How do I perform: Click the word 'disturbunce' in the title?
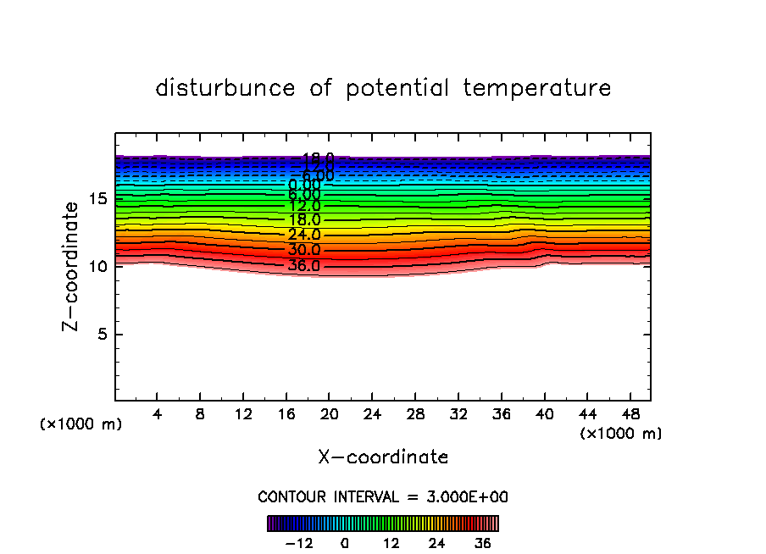click(x=225, y=88)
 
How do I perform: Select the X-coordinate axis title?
click(x=383, y=457)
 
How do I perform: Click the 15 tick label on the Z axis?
click(x=98, y=199)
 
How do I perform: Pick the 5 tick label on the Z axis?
click(x=102, y=334)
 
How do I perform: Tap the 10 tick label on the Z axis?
click(x=98, y=266)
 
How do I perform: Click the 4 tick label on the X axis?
click(x=158, y=416)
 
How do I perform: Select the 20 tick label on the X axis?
click(x=329, y=416)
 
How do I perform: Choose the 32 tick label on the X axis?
click(x=458, y=416)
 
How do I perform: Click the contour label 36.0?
click(x=303, y=265)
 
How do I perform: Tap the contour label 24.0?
click(x=303, y=235)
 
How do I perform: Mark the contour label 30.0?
click(x=303, y=250)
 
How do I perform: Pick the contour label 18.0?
click(x=303, y=219)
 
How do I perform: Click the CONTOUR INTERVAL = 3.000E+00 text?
click(x=383, y=496)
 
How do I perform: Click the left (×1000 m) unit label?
click(x=81, y=424)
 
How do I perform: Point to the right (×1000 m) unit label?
click(x=621, y=434)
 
